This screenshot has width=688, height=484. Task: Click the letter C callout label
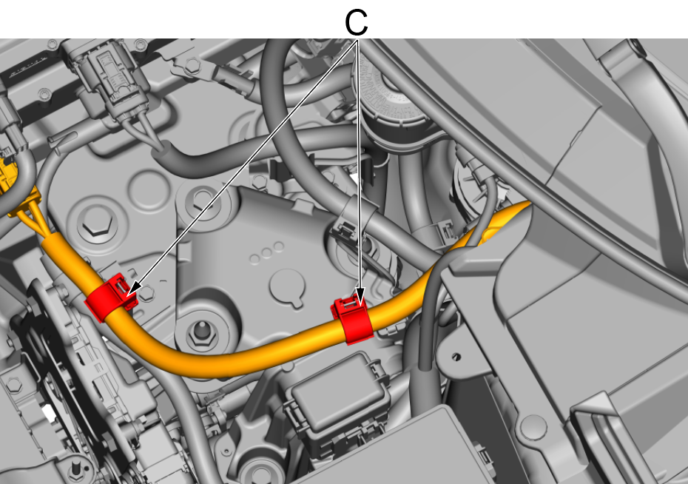(356, 23)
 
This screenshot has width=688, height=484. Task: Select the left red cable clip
(110, 297)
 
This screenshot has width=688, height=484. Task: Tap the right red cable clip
(352, 320)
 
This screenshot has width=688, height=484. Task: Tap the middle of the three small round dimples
(266, 253)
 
